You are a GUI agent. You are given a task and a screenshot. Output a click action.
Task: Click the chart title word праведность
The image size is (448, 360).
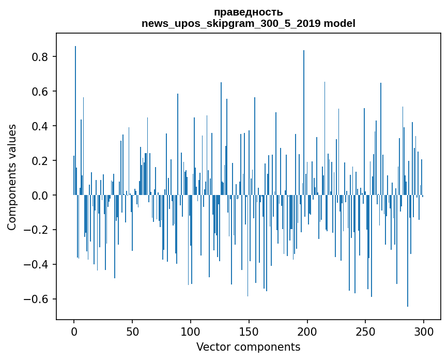pos(248,12)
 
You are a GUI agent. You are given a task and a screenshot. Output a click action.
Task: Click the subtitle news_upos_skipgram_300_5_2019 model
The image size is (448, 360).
pos(248,23)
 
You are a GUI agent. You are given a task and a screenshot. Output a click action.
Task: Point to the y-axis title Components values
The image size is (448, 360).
pos(11,177)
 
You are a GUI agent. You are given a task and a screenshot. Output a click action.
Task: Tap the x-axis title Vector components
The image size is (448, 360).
pos(248,347)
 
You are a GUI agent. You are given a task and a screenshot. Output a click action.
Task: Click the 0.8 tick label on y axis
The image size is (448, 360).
pos(41,57)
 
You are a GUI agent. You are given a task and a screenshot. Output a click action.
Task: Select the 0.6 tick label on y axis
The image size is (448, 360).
pos(41,92)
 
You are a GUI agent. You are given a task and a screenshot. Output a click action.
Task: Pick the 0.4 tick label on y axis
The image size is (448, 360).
pos(41,126)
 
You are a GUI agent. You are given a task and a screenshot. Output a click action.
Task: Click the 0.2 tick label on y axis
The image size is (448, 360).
pos(41,161)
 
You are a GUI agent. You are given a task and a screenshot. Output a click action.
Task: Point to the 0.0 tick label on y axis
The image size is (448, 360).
pos(41,196)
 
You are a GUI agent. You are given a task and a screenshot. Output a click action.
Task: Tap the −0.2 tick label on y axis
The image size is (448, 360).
pos(38,230)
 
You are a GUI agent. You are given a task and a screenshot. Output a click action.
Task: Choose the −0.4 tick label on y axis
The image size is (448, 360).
pos(38,265)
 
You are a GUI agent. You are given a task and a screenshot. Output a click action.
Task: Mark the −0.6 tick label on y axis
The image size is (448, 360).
pos(38,299)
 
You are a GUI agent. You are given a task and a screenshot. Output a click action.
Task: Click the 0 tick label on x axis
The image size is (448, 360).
pos(74,331)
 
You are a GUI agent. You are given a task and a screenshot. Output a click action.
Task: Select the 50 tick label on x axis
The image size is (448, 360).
pos(132,331)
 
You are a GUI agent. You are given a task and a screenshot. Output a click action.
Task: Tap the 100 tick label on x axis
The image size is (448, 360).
pos(191,331)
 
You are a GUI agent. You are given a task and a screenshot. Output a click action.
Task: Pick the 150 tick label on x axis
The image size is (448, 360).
pos(249,331)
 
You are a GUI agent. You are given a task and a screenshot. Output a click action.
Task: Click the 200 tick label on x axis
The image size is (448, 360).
pos(307,331)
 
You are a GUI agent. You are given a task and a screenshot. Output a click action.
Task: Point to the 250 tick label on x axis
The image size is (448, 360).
pos(366,331)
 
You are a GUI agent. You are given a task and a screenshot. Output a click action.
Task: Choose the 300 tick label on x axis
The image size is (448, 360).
pos(424,331)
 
